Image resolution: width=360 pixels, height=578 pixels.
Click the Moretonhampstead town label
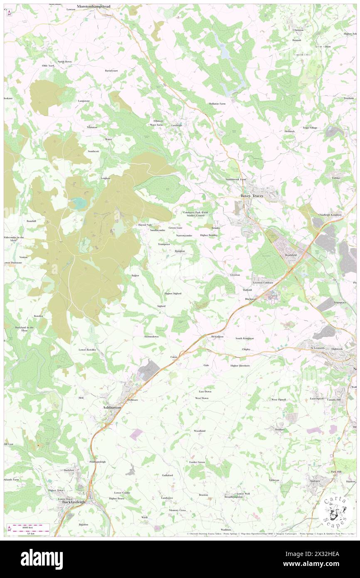96,7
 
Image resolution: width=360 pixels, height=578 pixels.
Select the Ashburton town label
112,408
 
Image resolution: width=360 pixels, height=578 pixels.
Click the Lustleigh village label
177,125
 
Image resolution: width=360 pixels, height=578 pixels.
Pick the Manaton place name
92,127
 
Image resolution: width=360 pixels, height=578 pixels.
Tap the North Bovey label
64,62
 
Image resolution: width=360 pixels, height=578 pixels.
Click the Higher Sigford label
173,293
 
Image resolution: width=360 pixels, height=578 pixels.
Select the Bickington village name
217,336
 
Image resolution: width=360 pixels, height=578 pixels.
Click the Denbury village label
279,429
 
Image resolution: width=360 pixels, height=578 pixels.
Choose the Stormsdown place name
151,336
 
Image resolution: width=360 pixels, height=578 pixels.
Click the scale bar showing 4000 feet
29,527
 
